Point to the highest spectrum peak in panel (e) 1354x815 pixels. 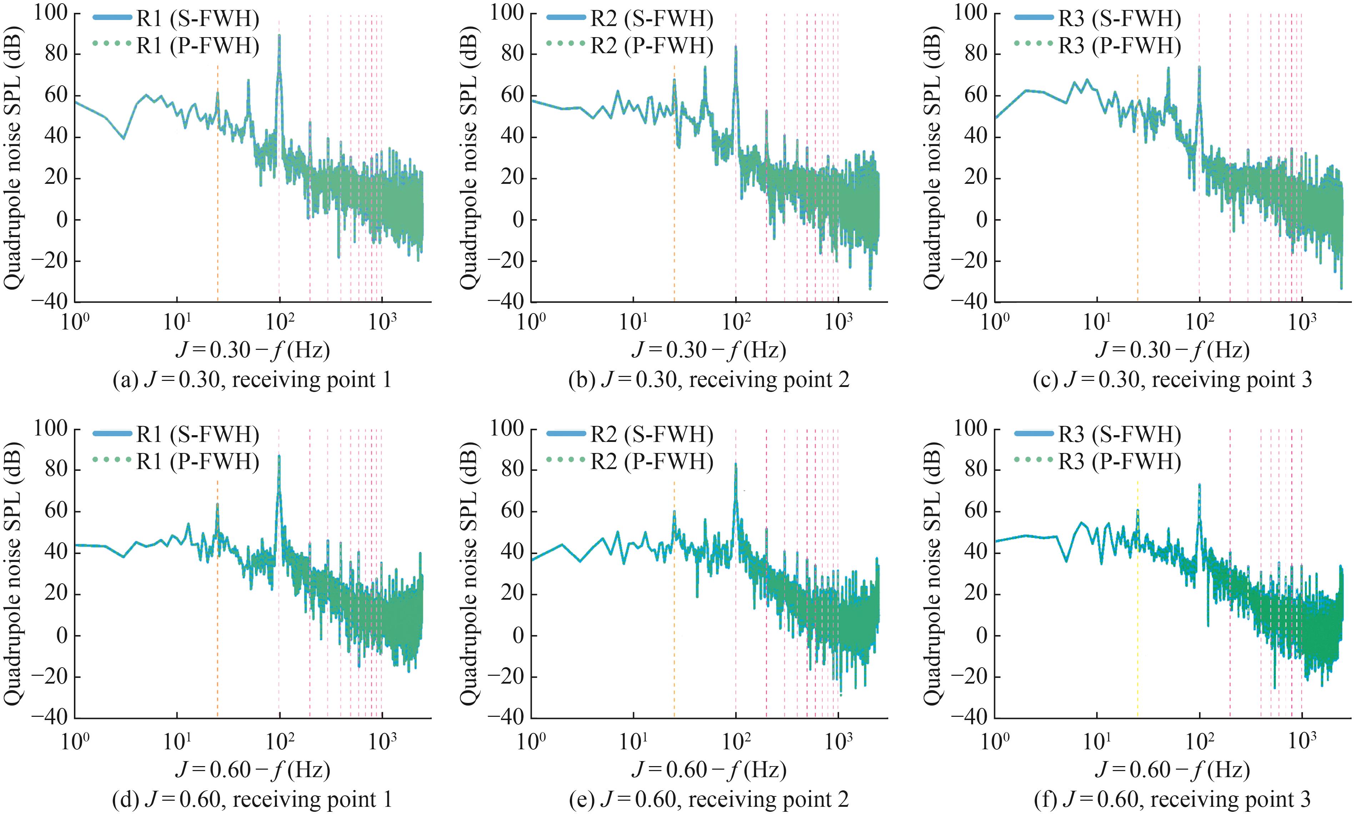click(736, 464)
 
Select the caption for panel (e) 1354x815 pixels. click(708, 799)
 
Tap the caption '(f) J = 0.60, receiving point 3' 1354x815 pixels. click(1172, 799)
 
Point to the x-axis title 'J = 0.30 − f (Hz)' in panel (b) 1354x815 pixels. click(708, 350)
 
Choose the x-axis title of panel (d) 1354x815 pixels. click(253, 769)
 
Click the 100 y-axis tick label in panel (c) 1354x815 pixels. click(972, 12)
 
